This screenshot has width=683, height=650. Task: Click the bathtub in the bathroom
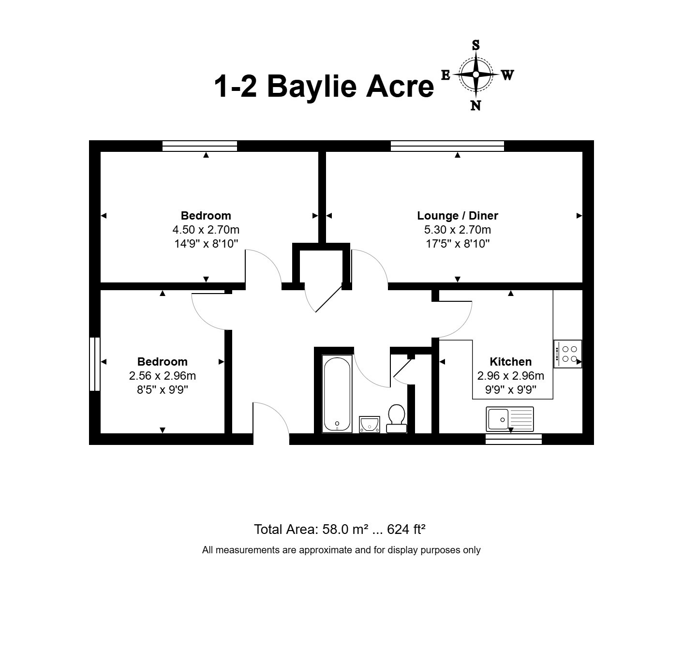point(337,393)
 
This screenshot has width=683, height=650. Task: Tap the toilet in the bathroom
point(396,418)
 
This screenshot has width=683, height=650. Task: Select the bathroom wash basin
point(369,424)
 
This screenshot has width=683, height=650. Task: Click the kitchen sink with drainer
point(510,419)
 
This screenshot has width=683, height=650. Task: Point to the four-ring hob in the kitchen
point(568,354)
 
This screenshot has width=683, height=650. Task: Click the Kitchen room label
point(510,362)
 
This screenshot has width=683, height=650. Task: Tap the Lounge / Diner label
point(458,216)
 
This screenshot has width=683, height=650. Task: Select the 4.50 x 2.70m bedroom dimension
point(206,230)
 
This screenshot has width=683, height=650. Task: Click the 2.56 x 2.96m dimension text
point(163,376)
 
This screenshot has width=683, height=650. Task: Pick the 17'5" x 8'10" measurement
point(458,244)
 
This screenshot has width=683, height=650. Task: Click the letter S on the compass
point(475,45)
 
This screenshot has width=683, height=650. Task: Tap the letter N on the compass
point(475,105)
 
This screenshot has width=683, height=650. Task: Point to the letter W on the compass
point(507,74)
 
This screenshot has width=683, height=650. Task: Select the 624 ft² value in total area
point(406,529)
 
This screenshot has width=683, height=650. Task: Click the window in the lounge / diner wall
point(447,146)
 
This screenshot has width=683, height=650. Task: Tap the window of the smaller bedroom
point(95,364)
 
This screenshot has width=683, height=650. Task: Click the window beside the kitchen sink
point(514,439)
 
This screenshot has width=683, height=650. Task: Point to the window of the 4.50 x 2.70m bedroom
point(200,146)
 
